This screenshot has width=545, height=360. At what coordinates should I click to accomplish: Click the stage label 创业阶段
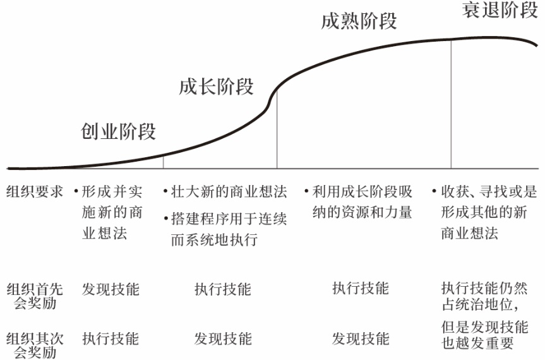point(118,132)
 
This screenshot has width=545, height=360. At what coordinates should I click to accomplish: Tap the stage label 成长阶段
point(216,87)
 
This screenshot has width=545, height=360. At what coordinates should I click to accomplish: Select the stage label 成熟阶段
point(359,21)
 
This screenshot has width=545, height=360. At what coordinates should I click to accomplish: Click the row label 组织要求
point(35,192)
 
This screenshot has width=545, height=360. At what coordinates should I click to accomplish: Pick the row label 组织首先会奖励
point(35,296)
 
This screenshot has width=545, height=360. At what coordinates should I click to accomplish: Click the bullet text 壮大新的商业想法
point(229,192)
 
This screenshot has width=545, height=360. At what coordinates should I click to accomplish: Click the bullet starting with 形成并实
point(107,212)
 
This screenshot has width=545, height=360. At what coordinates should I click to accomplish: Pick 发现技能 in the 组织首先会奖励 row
point(111,289)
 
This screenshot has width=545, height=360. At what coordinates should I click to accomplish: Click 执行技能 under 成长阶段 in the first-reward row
point(222,289)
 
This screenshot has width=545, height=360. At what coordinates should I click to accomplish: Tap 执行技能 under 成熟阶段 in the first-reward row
point(361,289)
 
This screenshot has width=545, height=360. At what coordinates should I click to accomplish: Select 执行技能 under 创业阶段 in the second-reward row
point(111,339)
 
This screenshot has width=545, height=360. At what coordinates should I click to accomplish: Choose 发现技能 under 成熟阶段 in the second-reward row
point(361,339)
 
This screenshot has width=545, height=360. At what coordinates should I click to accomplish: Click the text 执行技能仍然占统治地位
point(484,296)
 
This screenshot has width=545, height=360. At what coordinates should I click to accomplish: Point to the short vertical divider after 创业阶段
point(163,162)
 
